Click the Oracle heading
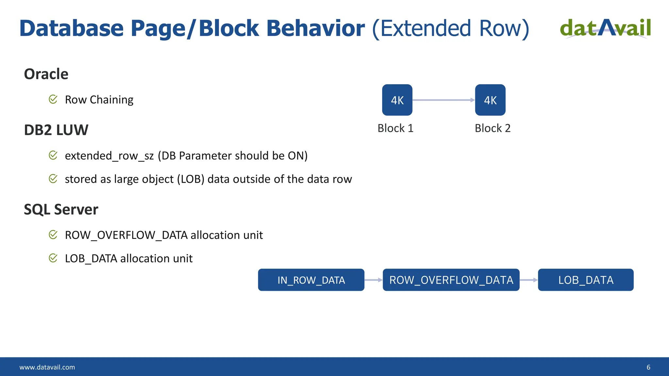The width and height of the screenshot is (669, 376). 46,74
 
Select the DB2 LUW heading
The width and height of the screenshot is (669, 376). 56,130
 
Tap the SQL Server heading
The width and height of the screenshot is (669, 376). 61,210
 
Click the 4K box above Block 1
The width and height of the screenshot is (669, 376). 397,100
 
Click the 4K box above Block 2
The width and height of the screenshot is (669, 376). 490,100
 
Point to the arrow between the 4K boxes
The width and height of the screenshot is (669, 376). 444,100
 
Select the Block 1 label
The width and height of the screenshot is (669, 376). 395,128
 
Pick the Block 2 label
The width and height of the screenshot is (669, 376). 492,128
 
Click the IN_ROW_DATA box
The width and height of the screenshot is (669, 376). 311,280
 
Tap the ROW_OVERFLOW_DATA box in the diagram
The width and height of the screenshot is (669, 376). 451,280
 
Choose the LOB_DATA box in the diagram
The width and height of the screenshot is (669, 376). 585,280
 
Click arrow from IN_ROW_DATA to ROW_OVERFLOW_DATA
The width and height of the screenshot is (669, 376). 373,280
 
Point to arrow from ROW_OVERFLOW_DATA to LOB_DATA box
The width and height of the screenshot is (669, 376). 529,280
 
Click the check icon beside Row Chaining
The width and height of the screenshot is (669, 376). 53,99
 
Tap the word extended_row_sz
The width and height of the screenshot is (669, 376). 109,156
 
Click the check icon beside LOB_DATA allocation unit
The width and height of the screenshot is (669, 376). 53,258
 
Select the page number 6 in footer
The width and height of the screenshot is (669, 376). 648,367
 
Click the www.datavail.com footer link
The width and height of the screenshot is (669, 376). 47,367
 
